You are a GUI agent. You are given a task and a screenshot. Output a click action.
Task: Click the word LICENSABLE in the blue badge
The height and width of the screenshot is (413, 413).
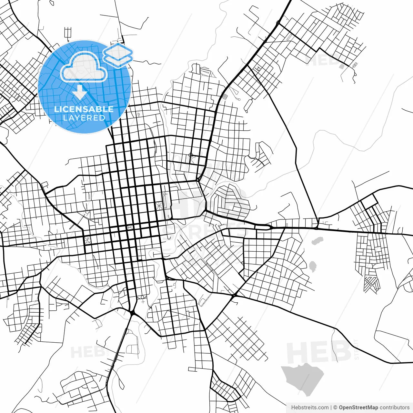coord(84,109)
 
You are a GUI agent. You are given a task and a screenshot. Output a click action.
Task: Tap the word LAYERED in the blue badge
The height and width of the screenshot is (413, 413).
coord(84,118)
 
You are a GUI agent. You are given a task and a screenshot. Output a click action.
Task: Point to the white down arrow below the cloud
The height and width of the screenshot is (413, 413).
coord(80,93)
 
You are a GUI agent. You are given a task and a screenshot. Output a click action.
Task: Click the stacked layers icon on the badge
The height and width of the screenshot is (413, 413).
coord(118,55)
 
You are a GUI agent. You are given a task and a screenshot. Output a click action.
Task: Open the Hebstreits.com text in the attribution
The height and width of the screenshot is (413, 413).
coord(310,408)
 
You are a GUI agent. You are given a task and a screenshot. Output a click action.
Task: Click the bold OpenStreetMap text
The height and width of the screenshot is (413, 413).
coord(358,408)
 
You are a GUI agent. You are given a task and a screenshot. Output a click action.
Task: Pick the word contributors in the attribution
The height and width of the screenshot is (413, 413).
coord(394,408)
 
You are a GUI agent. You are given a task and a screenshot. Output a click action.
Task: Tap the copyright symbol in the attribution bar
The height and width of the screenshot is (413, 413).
coord(335,408)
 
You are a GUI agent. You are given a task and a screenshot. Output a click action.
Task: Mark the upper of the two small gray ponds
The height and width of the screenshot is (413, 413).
coord(318,241)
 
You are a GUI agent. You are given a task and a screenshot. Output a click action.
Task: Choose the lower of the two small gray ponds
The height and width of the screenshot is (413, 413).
coord(312,266)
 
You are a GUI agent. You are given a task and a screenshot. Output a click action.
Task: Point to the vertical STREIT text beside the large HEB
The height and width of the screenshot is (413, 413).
coord(357,349)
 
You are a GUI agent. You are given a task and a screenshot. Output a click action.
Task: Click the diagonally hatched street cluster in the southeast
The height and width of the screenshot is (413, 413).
coord(371,284)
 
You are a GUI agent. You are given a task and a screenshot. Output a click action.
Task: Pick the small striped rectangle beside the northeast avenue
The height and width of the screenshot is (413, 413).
coord(225,96)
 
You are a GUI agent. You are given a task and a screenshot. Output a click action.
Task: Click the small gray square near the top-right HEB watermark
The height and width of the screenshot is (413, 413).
coord(342,66)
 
